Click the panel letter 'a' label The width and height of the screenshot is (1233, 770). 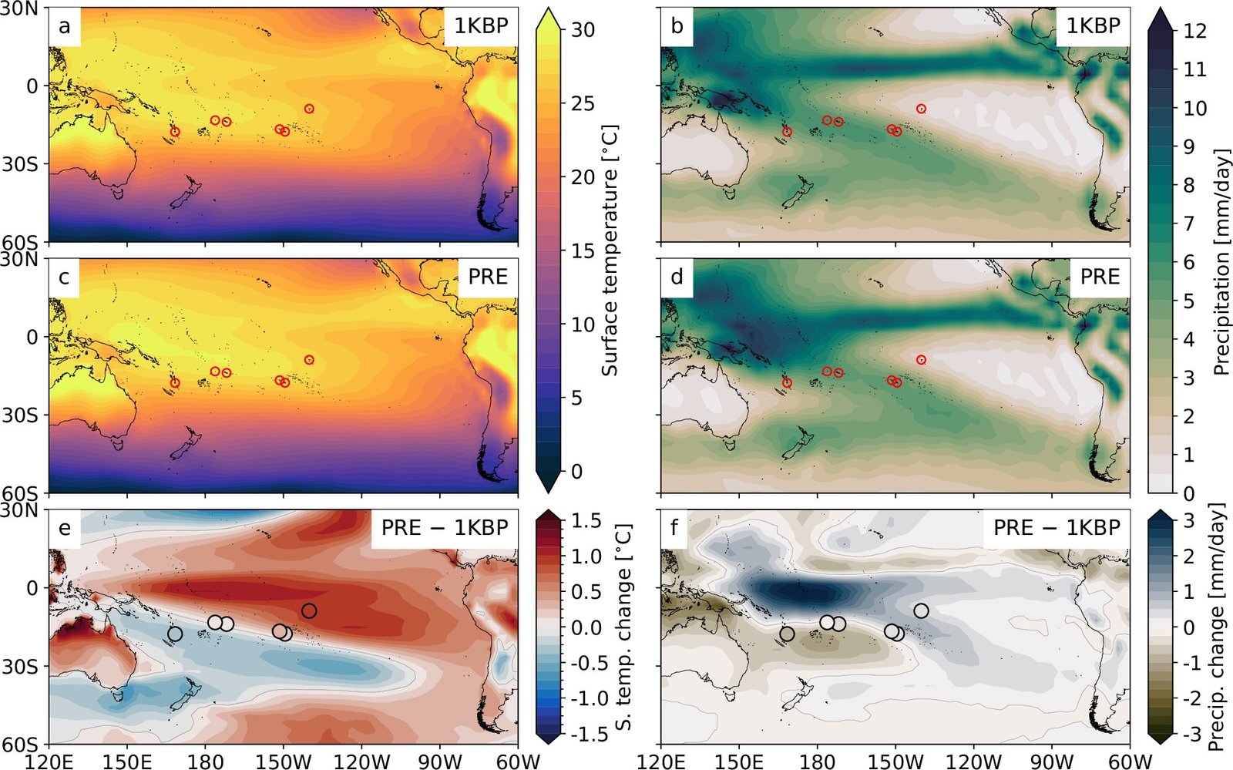tap(65, 26)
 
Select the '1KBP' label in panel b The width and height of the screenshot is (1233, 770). tap(1093, 26)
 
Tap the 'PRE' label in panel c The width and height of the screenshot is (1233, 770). tap(488, 277)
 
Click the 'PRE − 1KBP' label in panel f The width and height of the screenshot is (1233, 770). tap(1057, 527)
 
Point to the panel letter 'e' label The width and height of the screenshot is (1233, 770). tap(65, 527)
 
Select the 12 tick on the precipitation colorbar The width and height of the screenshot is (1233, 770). tap(1194, 31)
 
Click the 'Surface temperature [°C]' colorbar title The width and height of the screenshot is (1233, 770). tap(610, 251)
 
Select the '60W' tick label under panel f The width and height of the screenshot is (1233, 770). tap(1130, 761)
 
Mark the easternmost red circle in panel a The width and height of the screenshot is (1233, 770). tap(309, 109)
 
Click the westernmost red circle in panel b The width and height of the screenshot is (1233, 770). tap(787, 132)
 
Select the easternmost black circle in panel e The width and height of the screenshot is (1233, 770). tap(309, 610)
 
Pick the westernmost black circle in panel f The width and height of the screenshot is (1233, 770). tap(787, 634)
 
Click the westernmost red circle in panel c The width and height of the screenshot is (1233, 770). tap(175, 382)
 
